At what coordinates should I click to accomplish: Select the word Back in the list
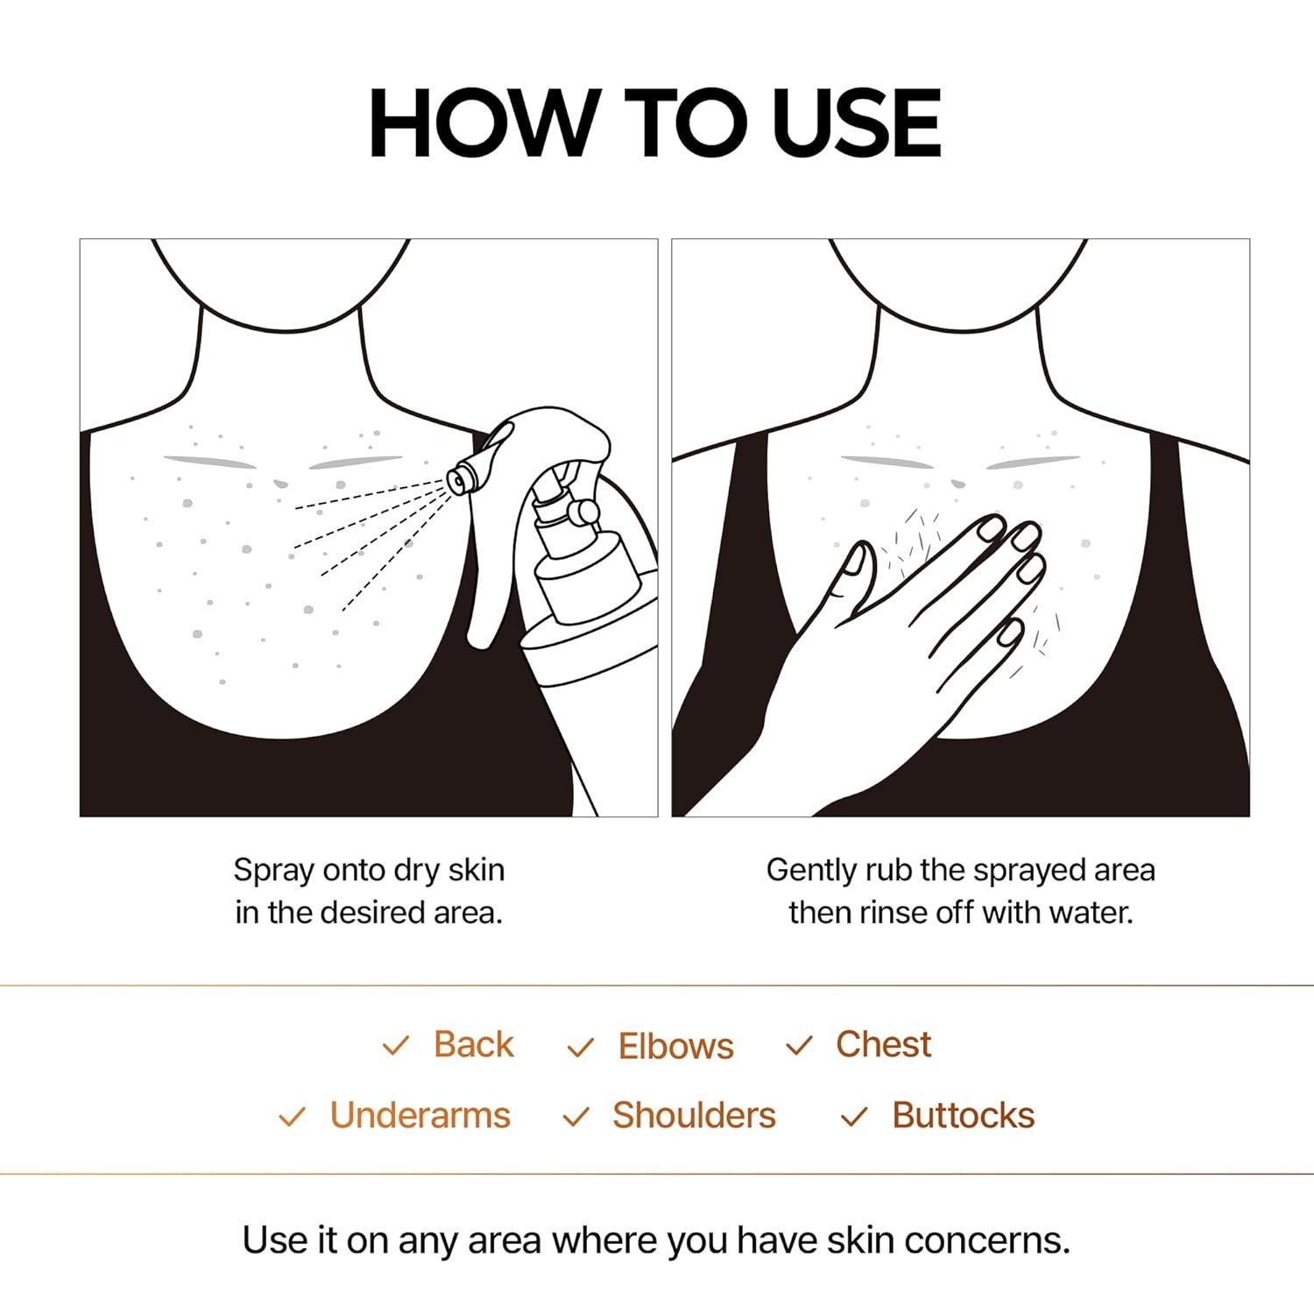473,1044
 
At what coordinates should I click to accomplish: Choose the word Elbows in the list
675,1046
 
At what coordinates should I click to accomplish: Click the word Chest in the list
883,1044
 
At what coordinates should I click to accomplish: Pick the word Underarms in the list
420,1115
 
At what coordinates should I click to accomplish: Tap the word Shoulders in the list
694,1115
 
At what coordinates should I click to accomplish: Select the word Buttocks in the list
963,1115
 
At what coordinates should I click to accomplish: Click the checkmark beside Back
396,1045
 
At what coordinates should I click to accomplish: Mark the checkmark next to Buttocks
853,1117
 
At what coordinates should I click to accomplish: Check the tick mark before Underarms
292,1117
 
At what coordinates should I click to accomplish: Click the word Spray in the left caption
273,871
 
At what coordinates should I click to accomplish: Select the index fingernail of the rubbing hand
992,527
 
